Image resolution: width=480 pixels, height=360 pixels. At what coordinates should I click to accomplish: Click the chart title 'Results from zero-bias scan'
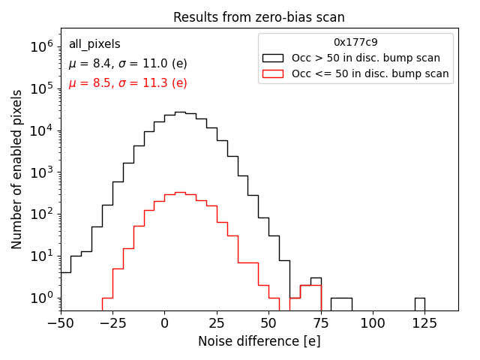(259, 17)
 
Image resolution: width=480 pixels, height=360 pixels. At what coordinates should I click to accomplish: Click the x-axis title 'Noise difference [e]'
(259, 341)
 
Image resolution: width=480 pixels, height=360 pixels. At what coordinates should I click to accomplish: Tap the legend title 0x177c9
(355, 43)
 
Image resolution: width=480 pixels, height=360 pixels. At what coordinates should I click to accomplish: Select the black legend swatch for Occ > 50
(274, 58)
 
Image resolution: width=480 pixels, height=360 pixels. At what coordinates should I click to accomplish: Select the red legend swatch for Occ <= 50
(274, 73)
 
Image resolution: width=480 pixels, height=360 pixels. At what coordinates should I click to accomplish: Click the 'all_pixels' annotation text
(94, 44)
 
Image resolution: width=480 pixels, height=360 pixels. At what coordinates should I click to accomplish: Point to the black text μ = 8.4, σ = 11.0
(127, 64)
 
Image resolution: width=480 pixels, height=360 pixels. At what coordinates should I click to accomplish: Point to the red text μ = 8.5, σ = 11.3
(127, 83)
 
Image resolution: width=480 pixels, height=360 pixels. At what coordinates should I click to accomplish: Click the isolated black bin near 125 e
(419, 304)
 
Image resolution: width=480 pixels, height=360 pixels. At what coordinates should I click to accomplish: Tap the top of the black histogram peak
(180, 112)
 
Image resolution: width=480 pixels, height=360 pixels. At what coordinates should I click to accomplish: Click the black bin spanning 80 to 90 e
(341, 304)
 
